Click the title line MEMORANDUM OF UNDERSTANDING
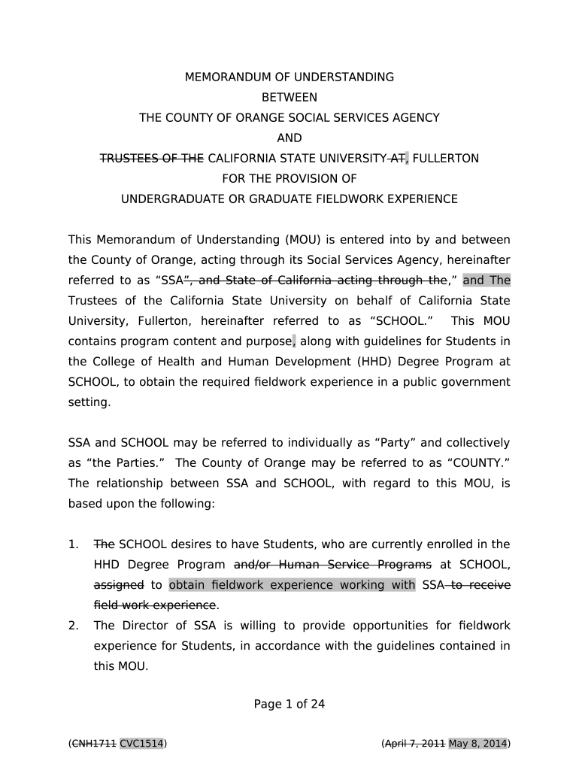coord(289,77)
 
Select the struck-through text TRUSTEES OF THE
coord(153,159)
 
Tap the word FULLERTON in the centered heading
coord(445,159)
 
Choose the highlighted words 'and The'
coord(487,280)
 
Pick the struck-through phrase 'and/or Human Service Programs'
coord(333,565)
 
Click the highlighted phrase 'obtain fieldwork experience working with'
coord(292,585)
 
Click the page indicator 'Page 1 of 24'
coord(289,705)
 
